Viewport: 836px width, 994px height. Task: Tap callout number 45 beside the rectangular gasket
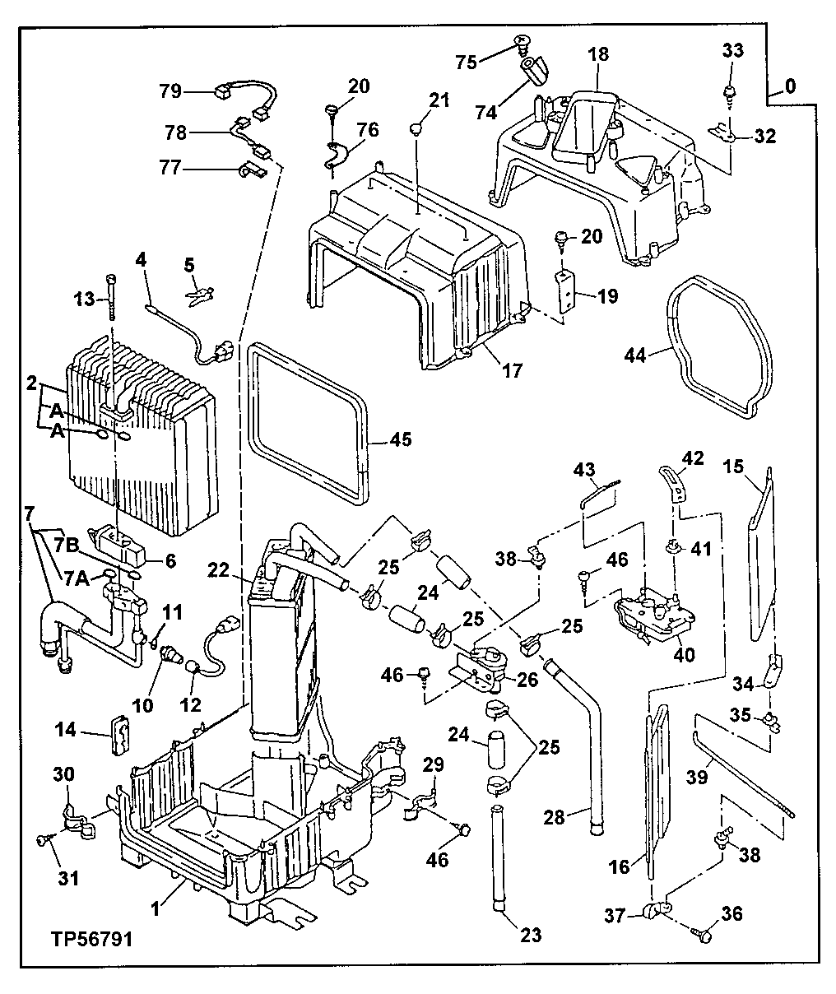coord(400,441)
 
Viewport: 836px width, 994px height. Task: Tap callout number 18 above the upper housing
coord(599,54)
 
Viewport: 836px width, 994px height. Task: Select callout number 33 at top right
coord(733,51)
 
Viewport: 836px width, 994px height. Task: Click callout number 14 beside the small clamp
coord(67,729)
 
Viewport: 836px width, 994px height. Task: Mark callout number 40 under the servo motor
coord(685,656)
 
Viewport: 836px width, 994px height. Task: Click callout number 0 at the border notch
coord(790,85)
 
